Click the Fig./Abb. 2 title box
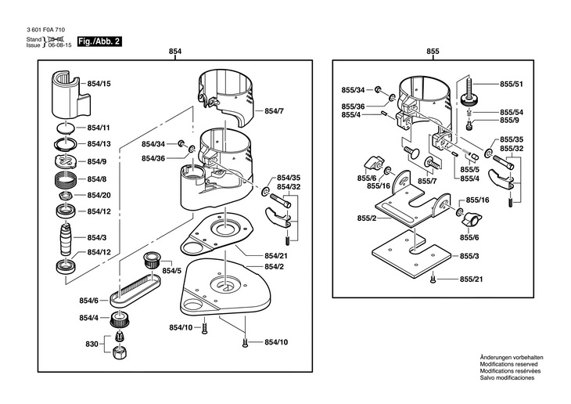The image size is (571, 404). (99, 41)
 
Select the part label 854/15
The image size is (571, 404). (99, 84)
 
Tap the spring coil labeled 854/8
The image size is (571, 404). (66, 179)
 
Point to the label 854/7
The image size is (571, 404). (274, 111)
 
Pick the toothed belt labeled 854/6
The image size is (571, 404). (135, 290)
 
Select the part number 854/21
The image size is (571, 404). (275, 255)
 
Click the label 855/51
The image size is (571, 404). (512, 85)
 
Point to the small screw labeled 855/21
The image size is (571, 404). (433, 280)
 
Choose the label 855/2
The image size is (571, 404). (367, 218)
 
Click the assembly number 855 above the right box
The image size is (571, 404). (433, 52)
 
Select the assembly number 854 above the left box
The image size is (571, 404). (175, 52)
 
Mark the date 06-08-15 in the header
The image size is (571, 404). (60, 45)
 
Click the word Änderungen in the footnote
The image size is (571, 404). (496, 358)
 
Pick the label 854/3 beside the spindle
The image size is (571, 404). (97, 238)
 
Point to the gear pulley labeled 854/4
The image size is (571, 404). (120, 319)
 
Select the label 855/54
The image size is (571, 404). (512, 112)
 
